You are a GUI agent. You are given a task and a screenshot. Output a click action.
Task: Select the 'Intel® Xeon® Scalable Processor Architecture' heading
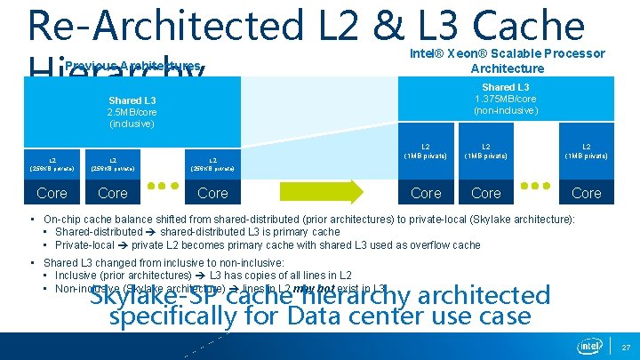(x=507, y=60)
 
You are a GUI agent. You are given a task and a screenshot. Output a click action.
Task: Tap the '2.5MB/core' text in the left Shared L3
(x=132, y=113)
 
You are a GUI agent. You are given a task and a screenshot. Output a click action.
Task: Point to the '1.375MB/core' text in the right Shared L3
(x=505, y=100)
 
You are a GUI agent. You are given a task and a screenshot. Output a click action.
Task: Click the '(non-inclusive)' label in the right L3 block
(x=505, y=111)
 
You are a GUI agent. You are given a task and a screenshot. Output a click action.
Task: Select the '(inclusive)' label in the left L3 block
(x=132, y=124)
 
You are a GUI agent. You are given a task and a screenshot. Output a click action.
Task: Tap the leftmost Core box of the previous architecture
(x=52, y=193)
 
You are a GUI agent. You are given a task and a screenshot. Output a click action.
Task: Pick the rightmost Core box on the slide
(x=586, y=193)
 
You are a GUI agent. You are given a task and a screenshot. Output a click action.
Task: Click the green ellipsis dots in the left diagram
(x=163, y=188)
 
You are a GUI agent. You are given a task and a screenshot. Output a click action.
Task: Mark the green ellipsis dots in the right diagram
(x=536, y=188)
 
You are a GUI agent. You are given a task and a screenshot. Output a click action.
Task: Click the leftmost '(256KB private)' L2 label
(x=52, y=167)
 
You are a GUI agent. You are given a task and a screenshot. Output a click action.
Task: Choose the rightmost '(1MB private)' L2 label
(x=586, y=156)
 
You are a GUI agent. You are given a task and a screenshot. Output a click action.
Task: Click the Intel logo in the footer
(x=589, y=345)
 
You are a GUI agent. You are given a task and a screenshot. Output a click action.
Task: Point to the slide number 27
(x=626, y=347)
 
